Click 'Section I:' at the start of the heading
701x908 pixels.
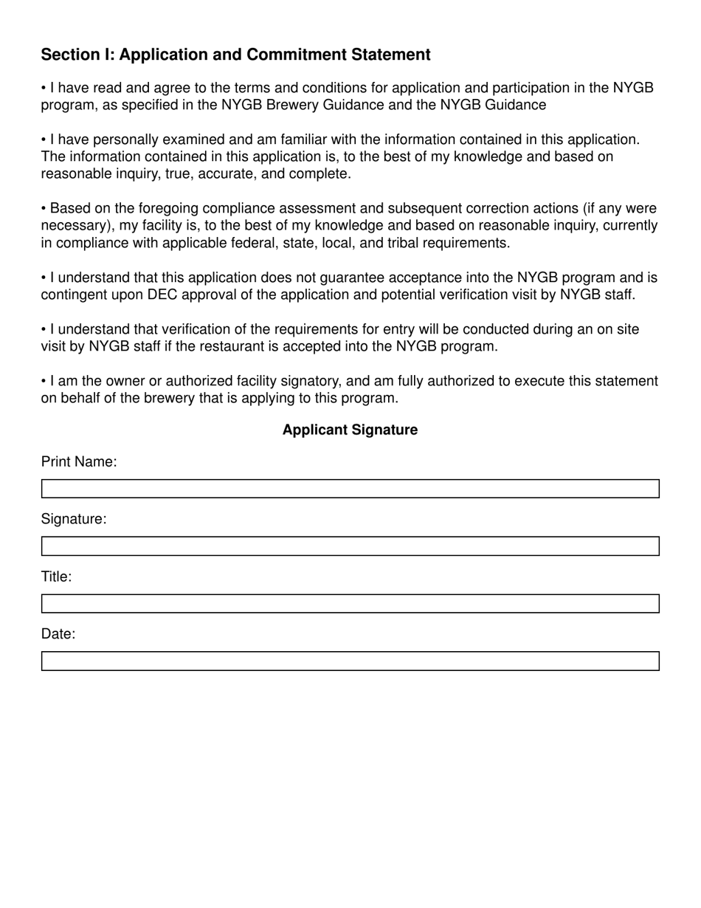click(x=77, y=55)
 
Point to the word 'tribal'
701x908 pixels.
click(x=406, y=243)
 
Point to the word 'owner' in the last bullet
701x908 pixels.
click(x=125, y=381)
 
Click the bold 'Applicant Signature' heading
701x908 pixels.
click(x=350, y=430)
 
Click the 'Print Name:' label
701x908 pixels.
click(x=79, y=461)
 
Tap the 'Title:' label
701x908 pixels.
click(x=56, y=577)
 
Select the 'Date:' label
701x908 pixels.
click(x=58, y=634)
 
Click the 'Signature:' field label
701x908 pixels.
click(x=74, y=519)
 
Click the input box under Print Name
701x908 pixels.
click(x=350, y=489)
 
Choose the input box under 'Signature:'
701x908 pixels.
click(x=350, y=546)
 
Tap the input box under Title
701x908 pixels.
click(x=350, y=604)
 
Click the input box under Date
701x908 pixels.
click(x=350, y=661)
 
